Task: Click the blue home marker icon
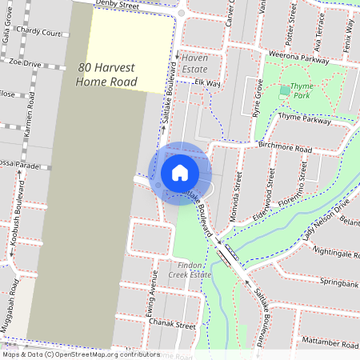(180, 172)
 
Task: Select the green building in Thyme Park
(285, 91)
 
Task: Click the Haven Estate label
(201, 64)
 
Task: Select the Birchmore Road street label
(285, 148)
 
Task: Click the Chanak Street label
(174, 326)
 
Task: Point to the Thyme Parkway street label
(305, 120)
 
